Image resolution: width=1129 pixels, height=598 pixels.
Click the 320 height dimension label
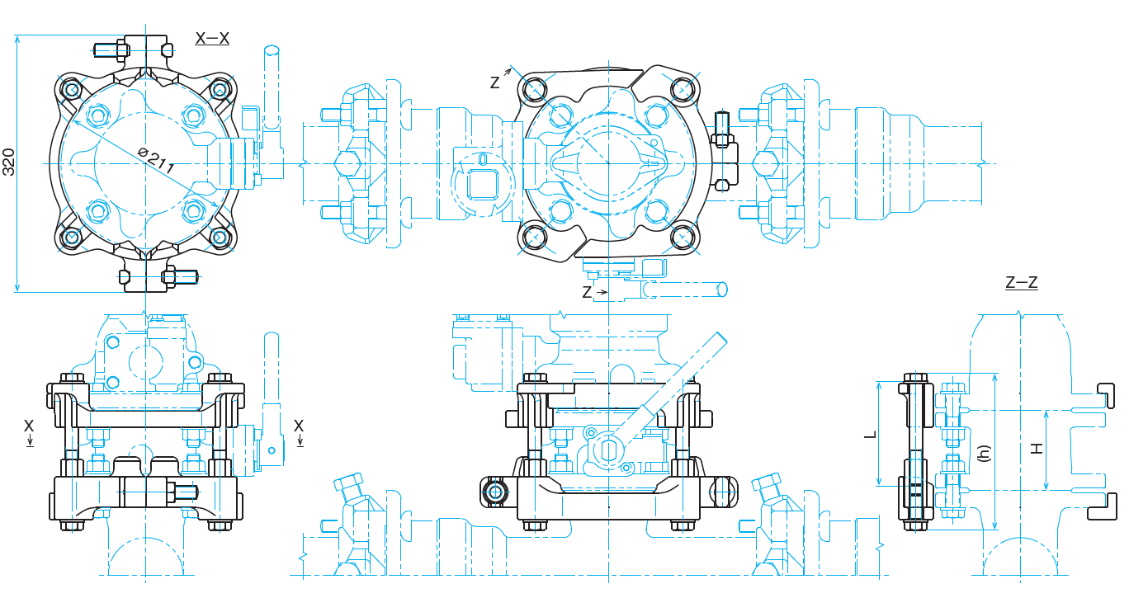pos(9,162)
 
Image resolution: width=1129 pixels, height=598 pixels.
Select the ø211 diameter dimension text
pos(156,160)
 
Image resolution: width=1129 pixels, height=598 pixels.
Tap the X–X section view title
pos(212,38)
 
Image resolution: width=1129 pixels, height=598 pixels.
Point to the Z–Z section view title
pos(1022,282)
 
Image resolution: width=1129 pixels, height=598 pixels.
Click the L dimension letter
pos(870,432)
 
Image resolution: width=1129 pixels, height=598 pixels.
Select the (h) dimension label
pos(982,453)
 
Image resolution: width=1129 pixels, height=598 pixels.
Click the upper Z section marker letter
pos(494,82)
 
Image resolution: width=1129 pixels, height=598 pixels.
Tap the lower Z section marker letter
pos(587,292)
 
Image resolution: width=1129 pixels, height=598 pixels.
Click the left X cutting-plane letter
pos(29,426)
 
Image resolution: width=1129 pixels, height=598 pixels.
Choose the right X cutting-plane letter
pos(299,426)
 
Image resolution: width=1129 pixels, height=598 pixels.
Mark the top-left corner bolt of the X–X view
pos(72,88)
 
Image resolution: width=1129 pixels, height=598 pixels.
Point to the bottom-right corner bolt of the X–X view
pos(220,238)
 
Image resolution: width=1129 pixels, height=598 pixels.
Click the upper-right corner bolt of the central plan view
pos(683,88)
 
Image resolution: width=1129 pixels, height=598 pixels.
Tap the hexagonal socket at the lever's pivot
pos(612,450)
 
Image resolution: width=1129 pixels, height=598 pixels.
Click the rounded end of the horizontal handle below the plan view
pos(721,289)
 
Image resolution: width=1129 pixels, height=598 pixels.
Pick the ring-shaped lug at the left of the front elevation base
pos(496,492)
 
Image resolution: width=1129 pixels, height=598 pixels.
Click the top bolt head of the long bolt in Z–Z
pos(917,379)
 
